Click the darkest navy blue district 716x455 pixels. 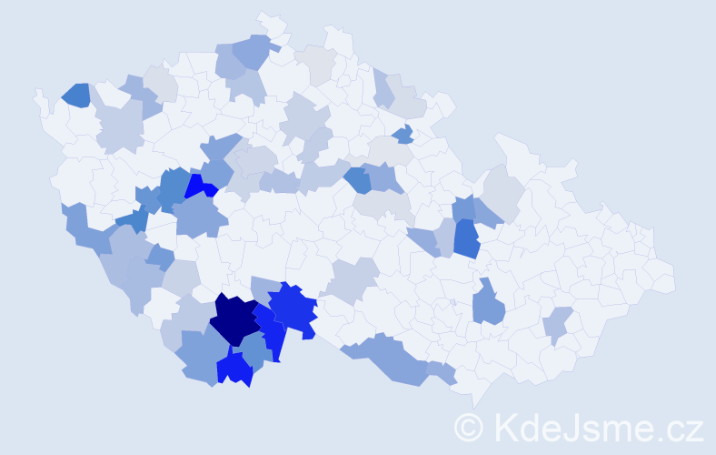tap(235, 319)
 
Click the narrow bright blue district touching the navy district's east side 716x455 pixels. tap(270, 329)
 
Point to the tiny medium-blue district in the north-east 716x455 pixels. tap(403, 135)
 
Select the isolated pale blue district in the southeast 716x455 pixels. tap(557, 324)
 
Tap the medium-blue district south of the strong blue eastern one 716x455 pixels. tap(489, 304)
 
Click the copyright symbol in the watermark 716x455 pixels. tap(469, 427)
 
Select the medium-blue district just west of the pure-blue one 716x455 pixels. tap(173, 187)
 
